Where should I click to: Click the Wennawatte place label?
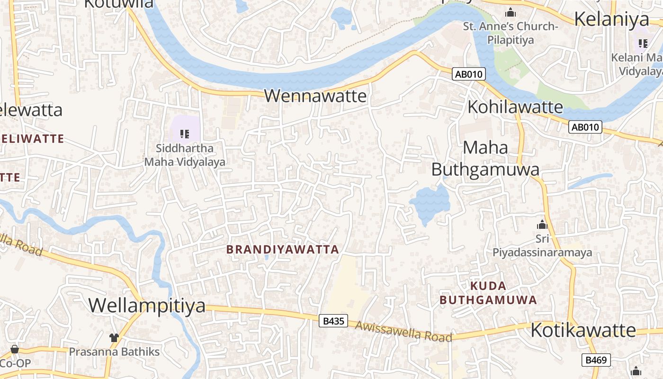point(315,96)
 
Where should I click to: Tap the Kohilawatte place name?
point(515,107)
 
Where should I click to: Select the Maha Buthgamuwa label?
point(485,158)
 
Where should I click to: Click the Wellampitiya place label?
point(147,305)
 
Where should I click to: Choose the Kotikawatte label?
point(583,330)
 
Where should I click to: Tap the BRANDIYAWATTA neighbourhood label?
point(282,249)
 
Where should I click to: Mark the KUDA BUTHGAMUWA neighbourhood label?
point(488,293)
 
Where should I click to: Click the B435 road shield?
point(333,321)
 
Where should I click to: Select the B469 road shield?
point(596,360)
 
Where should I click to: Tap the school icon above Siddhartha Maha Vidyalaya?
point(185,134)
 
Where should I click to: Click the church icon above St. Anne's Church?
point(511,12)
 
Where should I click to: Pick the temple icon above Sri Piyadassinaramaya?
point(542,225)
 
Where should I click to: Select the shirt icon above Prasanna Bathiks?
point(114,337)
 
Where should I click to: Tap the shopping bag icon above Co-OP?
point(15,349)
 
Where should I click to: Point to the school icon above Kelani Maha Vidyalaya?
point(643,44)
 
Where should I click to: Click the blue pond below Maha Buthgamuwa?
point(430,202)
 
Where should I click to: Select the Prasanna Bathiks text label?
point(114,352)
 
